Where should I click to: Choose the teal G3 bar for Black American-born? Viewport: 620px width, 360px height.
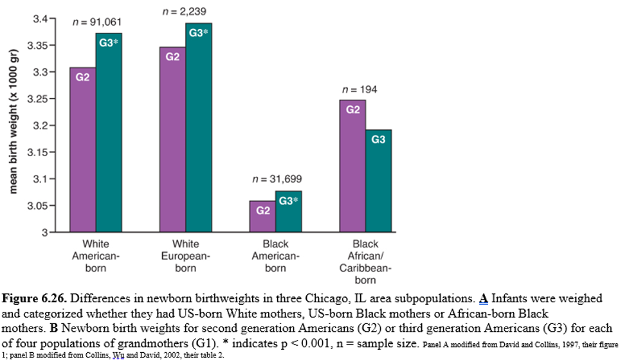288,212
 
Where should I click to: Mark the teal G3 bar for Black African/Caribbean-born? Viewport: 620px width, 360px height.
378,181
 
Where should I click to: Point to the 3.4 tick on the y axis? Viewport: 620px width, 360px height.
40,19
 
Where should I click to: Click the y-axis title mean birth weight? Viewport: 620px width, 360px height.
12,122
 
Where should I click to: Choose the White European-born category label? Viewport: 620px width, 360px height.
185,256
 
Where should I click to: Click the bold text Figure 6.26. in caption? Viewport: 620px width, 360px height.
32,299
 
